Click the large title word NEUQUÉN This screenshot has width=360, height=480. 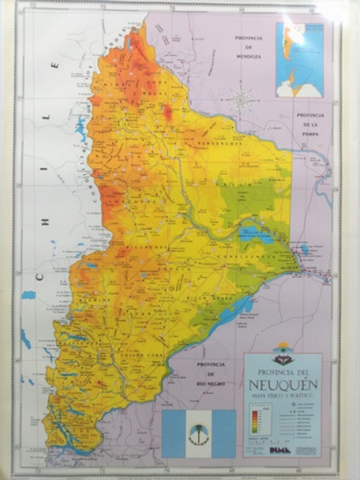283,388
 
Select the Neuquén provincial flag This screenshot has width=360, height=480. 198,433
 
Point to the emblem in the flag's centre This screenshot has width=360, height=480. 198,433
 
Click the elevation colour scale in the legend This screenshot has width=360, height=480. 254,431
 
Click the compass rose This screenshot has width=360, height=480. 241,99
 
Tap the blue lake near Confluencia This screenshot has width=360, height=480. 257,234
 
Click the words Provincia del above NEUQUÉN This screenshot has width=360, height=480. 283,373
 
